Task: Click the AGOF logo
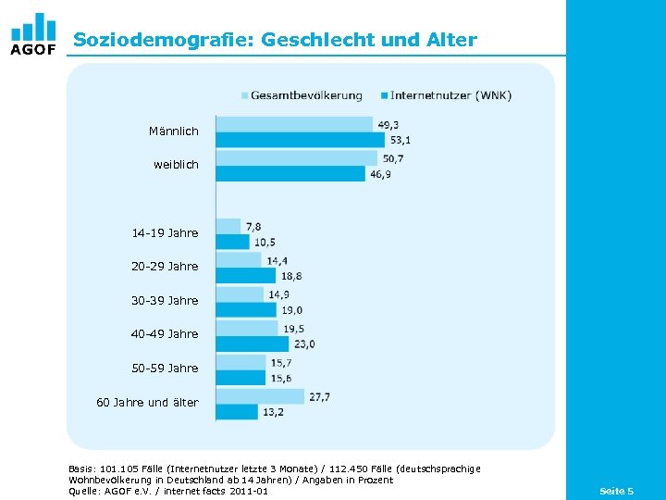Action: [x=33, y=34]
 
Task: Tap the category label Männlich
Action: [x=173, y=131]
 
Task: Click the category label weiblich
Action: [x=176, y=165]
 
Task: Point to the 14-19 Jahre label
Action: [x=165, y=232]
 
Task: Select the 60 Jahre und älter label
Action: [x=147, y=402]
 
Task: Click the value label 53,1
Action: [x=401, y=140]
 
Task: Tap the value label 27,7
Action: [x=319, y=396]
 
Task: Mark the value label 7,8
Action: [x=253, y=226]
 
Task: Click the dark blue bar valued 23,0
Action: [x=253, y=344]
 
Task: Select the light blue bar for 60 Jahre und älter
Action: [x=260, y=396]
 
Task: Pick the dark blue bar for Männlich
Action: [x=300, y=140]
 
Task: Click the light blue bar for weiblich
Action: [x=296, y=157]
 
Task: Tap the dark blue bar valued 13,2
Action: [x=237, y=411]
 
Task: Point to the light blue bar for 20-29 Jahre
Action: [x=239, y=260]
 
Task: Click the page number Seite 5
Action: [x=616, y=490]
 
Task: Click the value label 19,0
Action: [x=292, y=310]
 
